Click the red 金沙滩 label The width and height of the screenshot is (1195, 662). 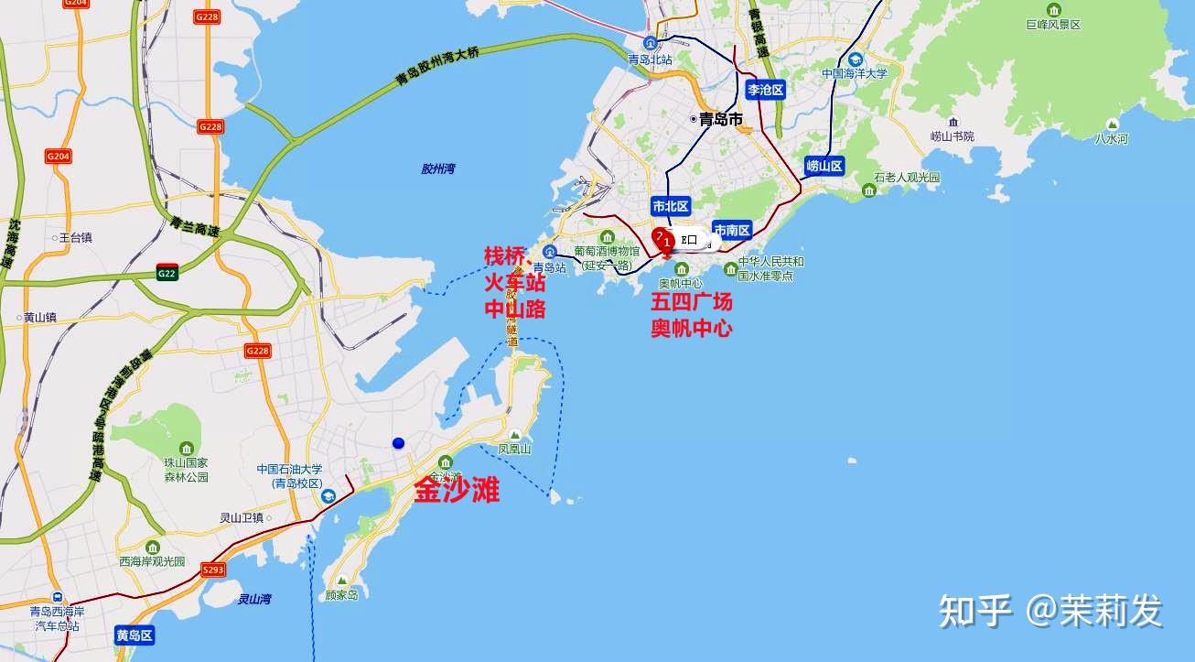458,491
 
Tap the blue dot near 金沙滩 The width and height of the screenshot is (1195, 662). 398,443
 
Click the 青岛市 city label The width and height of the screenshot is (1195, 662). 718,119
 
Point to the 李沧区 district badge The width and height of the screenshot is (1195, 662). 766,89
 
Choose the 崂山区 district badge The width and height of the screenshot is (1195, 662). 824,166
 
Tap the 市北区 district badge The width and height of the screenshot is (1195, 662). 670,205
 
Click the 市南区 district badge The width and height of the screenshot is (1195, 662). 732,230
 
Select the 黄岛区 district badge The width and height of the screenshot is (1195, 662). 135,635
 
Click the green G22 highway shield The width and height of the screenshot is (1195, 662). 167,272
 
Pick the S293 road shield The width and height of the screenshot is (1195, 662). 212,570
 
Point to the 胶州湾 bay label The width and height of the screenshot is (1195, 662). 438,168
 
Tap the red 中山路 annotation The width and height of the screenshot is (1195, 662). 515,309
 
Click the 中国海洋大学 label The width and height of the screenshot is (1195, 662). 855,73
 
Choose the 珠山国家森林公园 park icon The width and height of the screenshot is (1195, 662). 187,448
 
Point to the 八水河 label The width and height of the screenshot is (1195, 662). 1112,138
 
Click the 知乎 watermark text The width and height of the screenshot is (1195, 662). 975,611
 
